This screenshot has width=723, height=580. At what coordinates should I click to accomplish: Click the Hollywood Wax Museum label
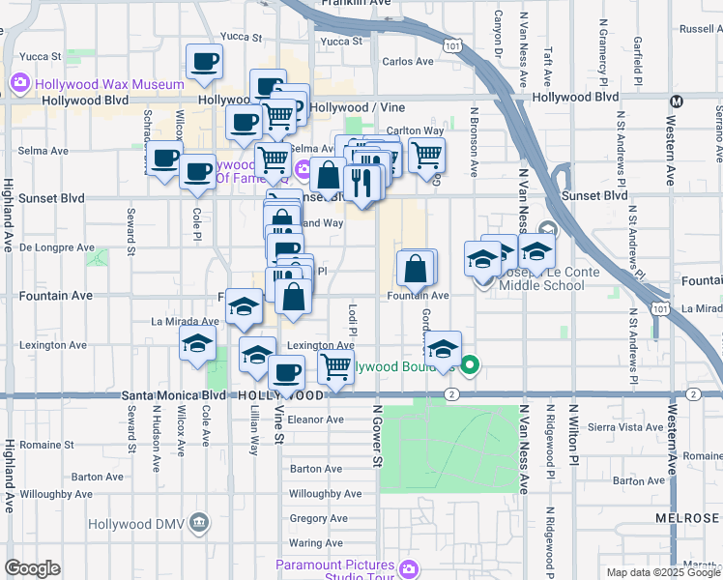point(109,83)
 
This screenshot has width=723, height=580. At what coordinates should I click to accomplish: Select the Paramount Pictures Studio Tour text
point(334,570)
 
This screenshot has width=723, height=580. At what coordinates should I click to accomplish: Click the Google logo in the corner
point(32,568)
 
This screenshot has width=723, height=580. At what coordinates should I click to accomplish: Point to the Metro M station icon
point(677,101)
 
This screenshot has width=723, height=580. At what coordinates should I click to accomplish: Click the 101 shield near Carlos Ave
point(452,45)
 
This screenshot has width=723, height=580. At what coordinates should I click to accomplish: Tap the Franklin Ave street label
point(363,4)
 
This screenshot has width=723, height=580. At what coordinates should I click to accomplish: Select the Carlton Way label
point(415,130)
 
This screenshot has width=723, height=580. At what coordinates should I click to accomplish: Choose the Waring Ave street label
point(316,543)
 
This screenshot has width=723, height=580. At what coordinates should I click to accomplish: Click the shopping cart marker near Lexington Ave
point(334,366)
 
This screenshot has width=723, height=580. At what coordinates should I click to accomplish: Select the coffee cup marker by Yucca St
point(204,62)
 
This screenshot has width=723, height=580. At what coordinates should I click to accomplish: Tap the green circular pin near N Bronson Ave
point(470,365)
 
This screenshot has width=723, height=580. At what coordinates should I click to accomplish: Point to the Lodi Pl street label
point(353,318)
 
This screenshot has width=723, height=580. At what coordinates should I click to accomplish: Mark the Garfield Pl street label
point(638,58)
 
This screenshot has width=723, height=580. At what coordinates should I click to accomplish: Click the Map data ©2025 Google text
point(662,572)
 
